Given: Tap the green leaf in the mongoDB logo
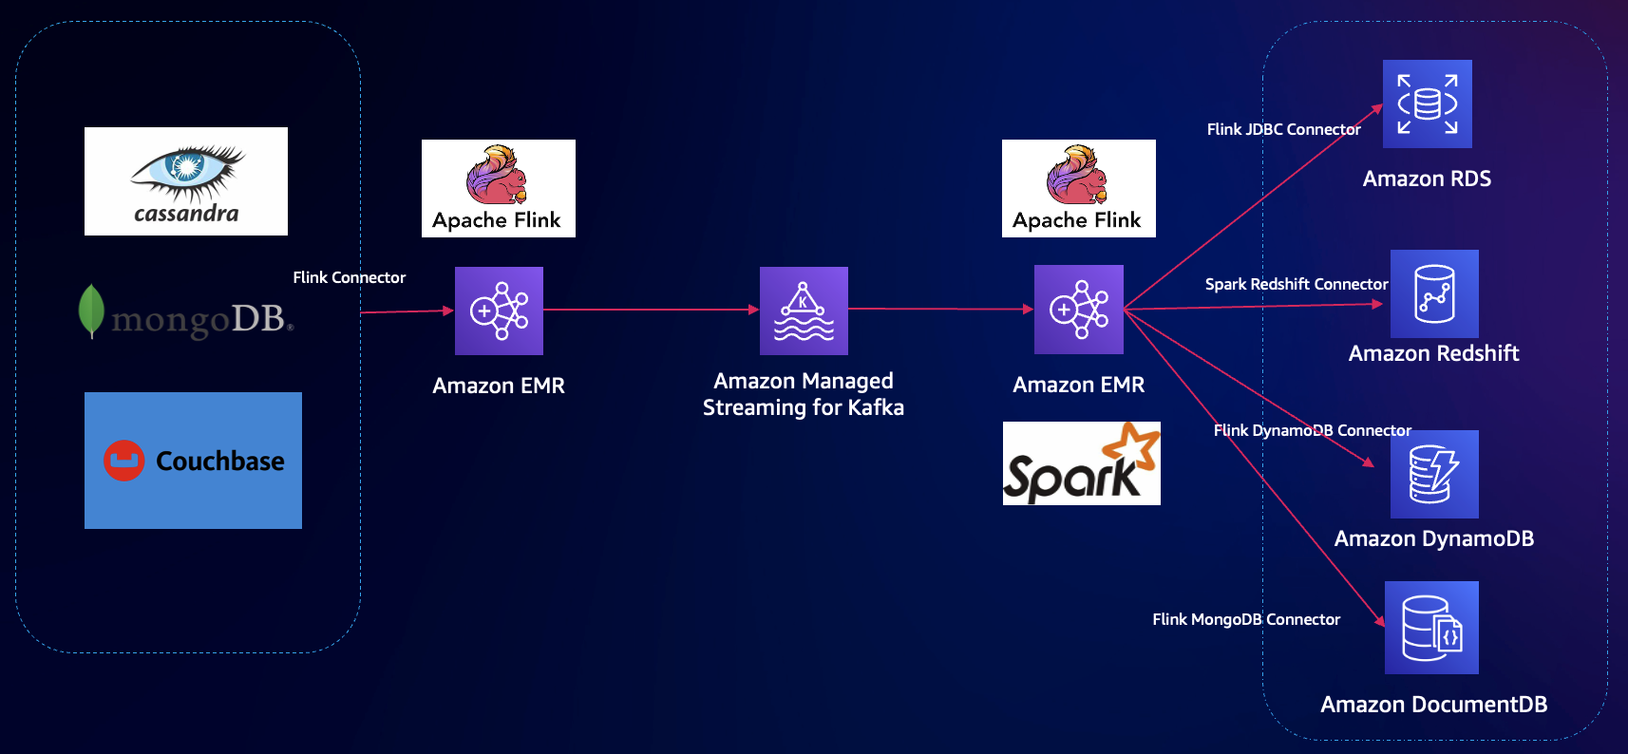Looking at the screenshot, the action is pyautogui.click(x=91, y=311).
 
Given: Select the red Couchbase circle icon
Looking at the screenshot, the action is pyautogui.click(x=123, y=461).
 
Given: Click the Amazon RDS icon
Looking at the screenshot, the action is pyautogui.click(x=1427, y=104).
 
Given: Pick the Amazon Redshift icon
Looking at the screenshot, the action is pyautogui.click(x=1434, y=293).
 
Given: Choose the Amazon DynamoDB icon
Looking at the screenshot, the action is pyautogui.click(x=1434, y=474).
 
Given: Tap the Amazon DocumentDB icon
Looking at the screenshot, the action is pyautogui.click(x=1431, y=628).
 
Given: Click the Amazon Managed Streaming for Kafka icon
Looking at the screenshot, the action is pyautogui.click(x=804, y=311).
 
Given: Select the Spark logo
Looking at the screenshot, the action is pyautogui.click(x=1082, y=463).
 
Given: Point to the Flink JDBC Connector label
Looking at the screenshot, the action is pyautogui.click(x=1283, y=129).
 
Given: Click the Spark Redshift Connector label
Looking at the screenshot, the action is pyautogui.click(x=1297, y=284).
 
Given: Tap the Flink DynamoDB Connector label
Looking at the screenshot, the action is pyautogui.click(x=1313, y=430).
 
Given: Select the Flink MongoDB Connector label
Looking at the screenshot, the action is pyautogui.click(x=1246, y=619).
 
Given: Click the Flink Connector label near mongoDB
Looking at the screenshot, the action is pyautogui.click(x=349, y=277).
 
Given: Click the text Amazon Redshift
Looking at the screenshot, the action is pyautogui.click(x=1434, y=353).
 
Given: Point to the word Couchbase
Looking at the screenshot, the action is pyautogui.click(x=220, y=461).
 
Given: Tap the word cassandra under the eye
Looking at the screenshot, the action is pyautogui.click(x=187, y=214).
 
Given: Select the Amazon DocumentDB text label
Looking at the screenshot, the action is pyautogui.click(x=1434, y=705).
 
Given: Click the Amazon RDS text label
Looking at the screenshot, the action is pyautogui.click(x=1427, y=179).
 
